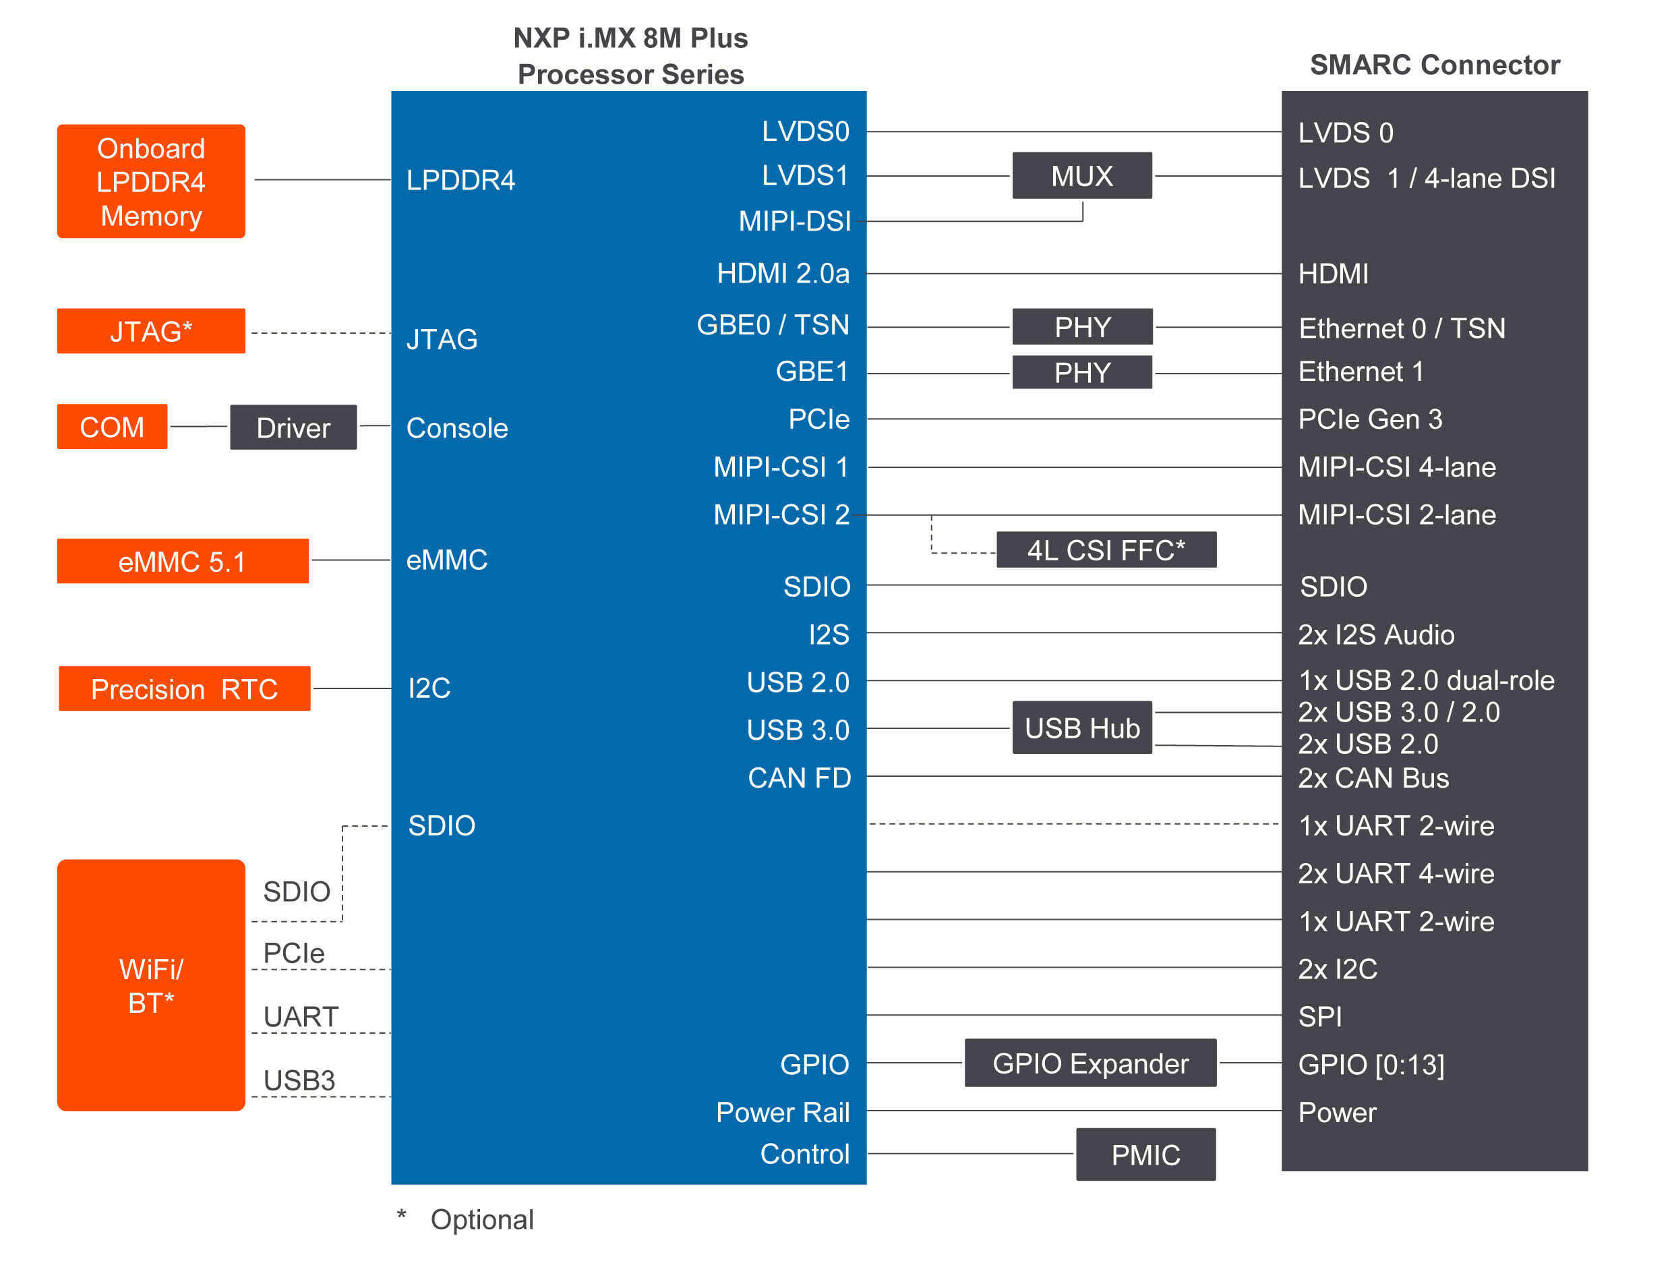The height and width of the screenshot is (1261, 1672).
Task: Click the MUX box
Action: pyautogui.click(x=1081, y=175)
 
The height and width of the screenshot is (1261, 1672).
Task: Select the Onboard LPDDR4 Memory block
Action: pyautogui.click(x=151, y=181)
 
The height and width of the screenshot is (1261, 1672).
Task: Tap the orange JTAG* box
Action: pyautogui.click(x=151, y=331)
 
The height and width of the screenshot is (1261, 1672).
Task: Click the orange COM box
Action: pyautogui.click(x=112, y=427)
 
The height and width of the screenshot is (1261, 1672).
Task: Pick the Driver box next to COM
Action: pyautogui.click(x=293, y=427)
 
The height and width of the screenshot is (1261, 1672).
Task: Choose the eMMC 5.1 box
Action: pyautogui.click(x=183, y=561)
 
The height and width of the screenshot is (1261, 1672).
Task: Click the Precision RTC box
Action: pyautogui.click(x=185, y=688)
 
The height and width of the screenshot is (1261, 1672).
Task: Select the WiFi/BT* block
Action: pyautogui.click(x=151, y=985)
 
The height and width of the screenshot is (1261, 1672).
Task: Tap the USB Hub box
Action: pyautogui.click(x=1081, y=728)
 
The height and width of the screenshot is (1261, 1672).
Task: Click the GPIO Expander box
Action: pyautogui.click(x=1090, y=1063)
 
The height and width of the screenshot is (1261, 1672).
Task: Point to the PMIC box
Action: pyautogui.click(x=1146, y=1154)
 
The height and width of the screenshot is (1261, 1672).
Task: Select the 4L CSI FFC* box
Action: pyautogui.click(x=1106, y=550)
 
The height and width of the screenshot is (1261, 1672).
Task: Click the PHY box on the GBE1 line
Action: pyautogui.click(x=1081, y=372)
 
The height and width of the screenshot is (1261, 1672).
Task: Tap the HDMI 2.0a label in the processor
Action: pyautogui.click(x=783, y=273)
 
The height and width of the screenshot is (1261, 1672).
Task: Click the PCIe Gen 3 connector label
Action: pyautogui.click(x=1370, y=419)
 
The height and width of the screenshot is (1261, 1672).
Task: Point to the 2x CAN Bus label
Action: pyautogui.click(x=1373, y=778)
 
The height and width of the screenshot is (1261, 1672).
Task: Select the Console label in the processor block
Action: pyautogui.click(x=457, y=428)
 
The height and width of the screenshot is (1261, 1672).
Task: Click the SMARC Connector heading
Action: pyautogui.click(x=1435, y=65)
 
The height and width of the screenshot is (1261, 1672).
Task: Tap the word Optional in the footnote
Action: pyautogui.click(x=482, y=1219)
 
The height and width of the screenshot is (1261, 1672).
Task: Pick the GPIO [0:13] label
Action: pyautogui.click(x=1371, y=1065)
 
